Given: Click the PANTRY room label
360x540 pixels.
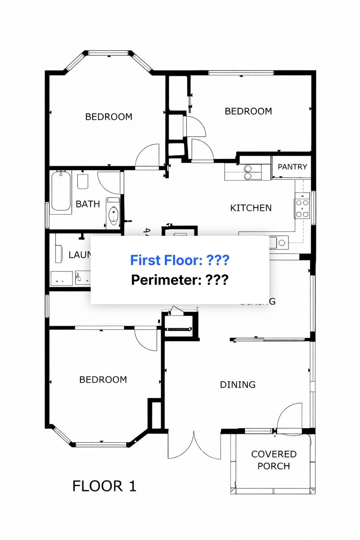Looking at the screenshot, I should tap(292, 167).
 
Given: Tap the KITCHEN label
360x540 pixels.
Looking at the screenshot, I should tap(251, 208).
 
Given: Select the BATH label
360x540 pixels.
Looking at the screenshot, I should tap(88, 204).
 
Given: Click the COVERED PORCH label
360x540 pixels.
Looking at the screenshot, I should tap(273, 460).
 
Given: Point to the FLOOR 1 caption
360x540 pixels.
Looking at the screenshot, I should tap(104, 486).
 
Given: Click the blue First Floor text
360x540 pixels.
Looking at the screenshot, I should tap(179, 260).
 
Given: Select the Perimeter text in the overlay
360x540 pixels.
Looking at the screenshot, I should tap(180, 280).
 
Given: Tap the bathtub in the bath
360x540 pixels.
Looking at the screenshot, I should tap(61, 191).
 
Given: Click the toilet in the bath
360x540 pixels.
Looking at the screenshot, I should tap(83, 181).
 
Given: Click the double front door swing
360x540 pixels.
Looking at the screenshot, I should tap(194, 445).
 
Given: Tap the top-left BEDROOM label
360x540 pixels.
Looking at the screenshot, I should tap(108, 117).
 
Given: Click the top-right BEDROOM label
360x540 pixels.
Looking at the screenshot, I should tap(248, 111).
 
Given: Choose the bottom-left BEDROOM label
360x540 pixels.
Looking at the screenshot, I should tap(103, 380).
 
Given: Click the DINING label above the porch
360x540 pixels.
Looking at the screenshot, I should tap(238, 385).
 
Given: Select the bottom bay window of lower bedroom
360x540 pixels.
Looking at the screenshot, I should tap(101, 444).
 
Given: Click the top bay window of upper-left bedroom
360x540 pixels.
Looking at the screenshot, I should tap(108, 53).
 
